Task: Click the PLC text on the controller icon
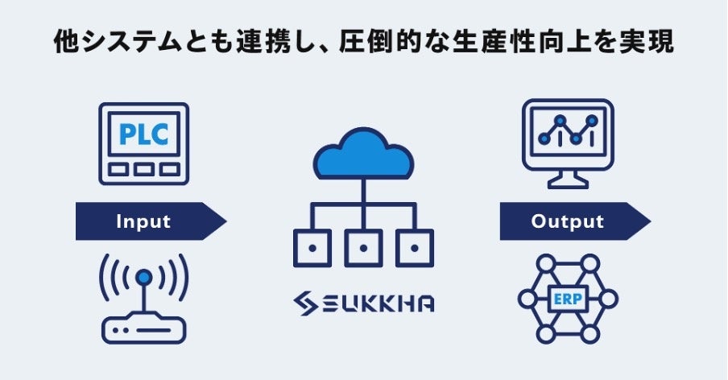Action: click(x=143, y=134)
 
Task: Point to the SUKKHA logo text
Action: click(x=378, y=304)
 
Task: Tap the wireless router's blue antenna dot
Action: click(x=143, y=277)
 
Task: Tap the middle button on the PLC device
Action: click(x=143, y=170)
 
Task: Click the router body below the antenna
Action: click(x=143, y=328)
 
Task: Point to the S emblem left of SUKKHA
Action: click(x=307, y=304)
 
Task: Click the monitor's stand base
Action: click(x=569, y=184)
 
